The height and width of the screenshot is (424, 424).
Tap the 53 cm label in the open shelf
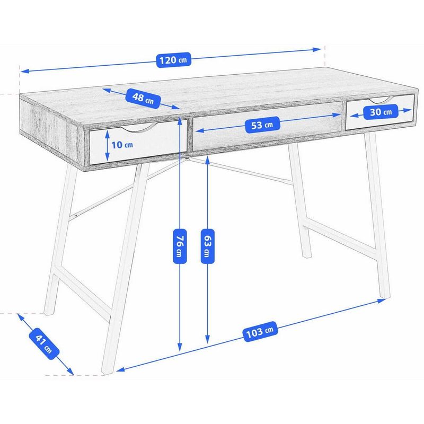click(x=262, y=125)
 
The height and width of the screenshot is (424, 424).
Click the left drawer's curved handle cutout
click(x=139, y=126)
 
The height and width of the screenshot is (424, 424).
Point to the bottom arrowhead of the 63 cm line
click(x=207, y=340)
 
